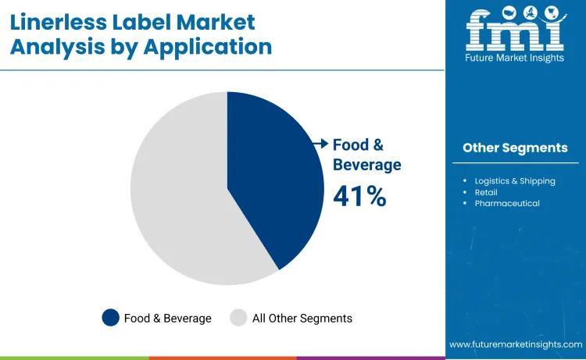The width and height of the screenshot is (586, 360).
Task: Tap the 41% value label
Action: tap(359, 196)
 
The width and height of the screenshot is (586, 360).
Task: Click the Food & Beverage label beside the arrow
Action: tap(366, 155)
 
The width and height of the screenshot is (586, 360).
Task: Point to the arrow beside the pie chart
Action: tap(320, 144)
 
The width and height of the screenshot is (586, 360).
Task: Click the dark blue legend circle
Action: tap(111, 318)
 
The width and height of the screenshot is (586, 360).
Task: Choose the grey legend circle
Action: tap(238, 318)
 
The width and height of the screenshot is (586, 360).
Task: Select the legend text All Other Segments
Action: tap(302, 318)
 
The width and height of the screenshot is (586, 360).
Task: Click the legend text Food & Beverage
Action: tap(167, 318)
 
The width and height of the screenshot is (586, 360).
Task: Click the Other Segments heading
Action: tap(515, 148)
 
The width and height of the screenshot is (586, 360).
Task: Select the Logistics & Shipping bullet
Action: tap(515, 181)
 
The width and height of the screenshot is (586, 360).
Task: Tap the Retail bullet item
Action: tap(485, 192)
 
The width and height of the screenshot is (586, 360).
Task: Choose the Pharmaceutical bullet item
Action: tap(506, 203)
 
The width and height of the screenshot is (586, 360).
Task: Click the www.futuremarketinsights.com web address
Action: tap(516, 344)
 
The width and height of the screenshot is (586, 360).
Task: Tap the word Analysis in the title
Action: tap(55, 47)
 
